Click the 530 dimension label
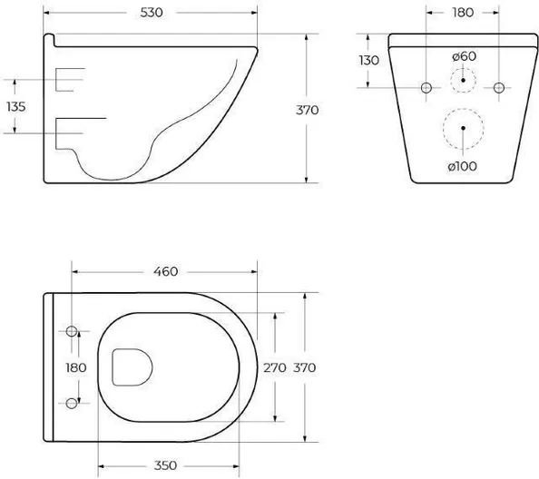click(x=152, y=13)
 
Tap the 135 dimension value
click(x=16, y=107)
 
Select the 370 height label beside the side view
click(x=308, y=111)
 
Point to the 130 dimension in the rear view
click(x=369, y=61)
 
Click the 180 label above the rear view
click(x=463, y=13)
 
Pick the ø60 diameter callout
click(x=464, y=56)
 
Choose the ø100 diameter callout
click(x=463, y=167)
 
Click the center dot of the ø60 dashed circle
click(x=463, y=80)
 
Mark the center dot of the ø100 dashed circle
click(x=463, y=128)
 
